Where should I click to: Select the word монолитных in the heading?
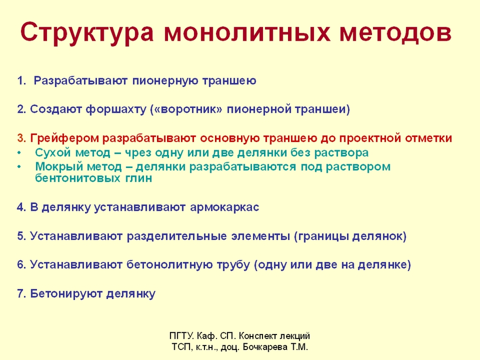pyautogui.click(x=247, y=33)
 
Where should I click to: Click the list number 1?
pyautogui.click(x=22, y=81)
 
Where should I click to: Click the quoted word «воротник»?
pyautogui.click(x=188, y=109)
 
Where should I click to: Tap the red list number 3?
pyautogui.click(x=22, y=138)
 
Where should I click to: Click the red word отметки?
pyautogui.click(x=429, y=138)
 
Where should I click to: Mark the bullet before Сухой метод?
pyautogui.click(x=20, y=153)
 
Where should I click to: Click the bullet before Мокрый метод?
pyautogui.click(x=20, y=167)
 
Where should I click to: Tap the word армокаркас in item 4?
pyautogui.click(x=225, y=207)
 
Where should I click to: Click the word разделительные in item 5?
pyautogui.click(x=177, y=236)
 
